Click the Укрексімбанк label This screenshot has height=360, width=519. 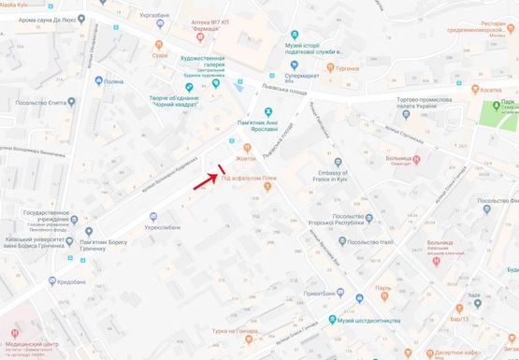[x=162, y=227]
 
